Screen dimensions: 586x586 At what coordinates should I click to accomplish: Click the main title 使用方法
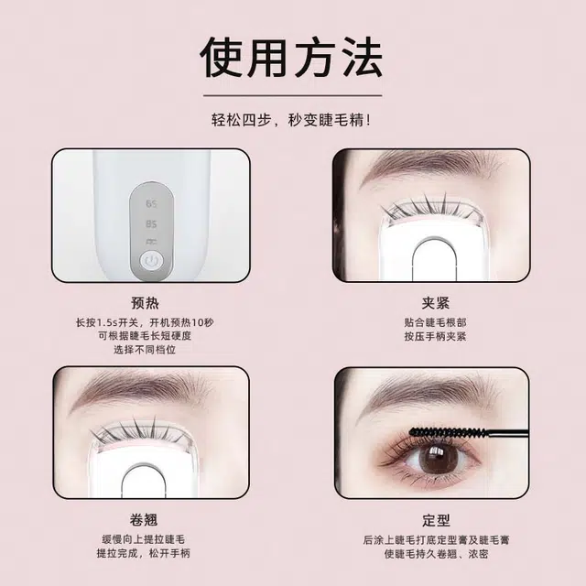pyautogui.click(x=291, y=57)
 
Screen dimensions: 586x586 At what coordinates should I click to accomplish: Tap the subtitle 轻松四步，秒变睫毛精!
pyautogui.click(x=291, y=120)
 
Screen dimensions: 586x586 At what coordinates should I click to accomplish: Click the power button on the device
pyautogui.click(x=151, y=259)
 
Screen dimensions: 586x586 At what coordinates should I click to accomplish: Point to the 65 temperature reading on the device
pyautogui.click(x=151, y=204)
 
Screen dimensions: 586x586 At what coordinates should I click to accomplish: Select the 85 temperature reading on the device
pyautogui.click(x=151, y=223)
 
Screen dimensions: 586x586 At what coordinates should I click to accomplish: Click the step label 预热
pyautogui.click(x=145, y=303)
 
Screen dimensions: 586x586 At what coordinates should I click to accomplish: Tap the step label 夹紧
pyautogui.click(x=436, y=303)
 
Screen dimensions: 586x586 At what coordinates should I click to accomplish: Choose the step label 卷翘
pyautogui.click(x=144, y=519)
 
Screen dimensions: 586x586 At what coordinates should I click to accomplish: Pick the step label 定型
pyautogui.click(x=436, y=520)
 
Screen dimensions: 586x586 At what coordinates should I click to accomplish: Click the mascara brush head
pyautogui.click(x=449, y=433)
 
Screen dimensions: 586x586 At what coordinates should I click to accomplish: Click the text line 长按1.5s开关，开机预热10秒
pyautogui.click(x=145, y=322)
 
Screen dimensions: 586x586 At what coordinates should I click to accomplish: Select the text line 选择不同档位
pyautogui.click(x=145, y=350)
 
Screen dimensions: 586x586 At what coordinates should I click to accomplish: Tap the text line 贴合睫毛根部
pyautogui.click(x=436, y=322)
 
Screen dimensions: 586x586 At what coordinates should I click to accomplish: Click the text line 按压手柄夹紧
pyautogui.click(x=436, y=336)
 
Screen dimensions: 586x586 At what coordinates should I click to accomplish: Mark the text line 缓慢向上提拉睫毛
pyautogui.click(x=144, y=539)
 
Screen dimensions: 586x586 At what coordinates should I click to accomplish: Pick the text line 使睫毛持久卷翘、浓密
pyautogui.click(x=436, y=553)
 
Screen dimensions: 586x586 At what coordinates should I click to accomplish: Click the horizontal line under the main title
pyautogui.click(x=293, y=95)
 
